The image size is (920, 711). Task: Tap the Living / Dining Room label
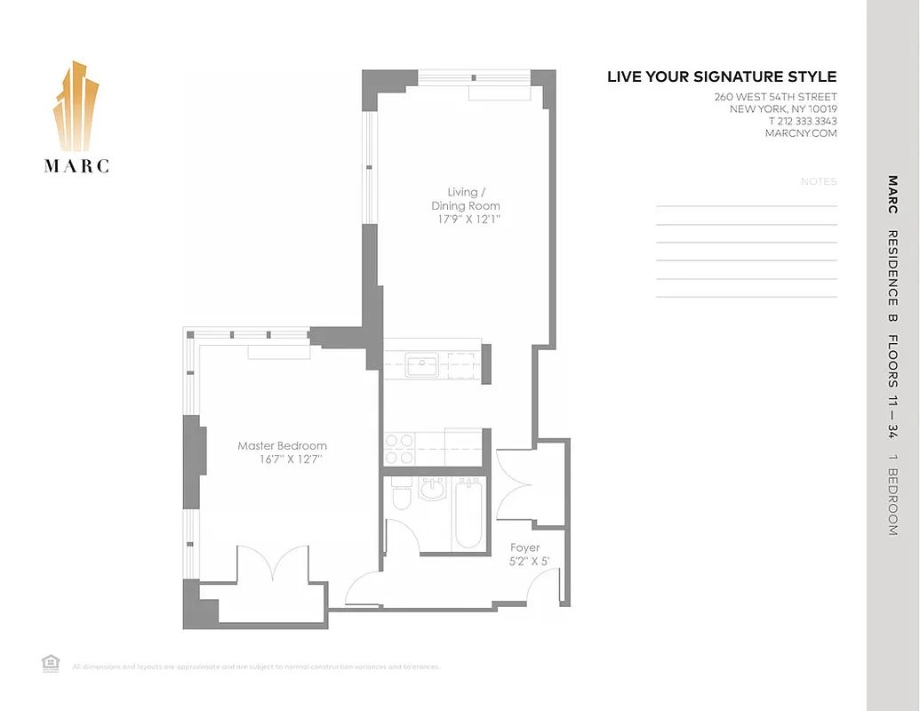[466, 199]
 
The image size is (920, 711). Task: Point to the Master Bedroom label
[282, 446]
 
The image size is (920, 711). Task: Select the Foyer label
[524, 547]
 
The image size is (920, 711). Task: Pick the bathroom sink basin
[432, 488]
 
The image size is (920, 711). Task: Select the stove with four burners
[402, 448]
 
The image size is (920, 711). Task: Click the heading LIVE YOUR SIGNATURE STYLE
[722, 77]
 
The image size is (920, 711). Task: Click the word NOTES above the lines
[819, 182]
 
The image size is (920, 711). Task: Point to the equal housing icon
[51, 662]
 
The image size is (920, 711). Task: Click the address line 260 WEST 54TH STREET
[775, 97]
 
